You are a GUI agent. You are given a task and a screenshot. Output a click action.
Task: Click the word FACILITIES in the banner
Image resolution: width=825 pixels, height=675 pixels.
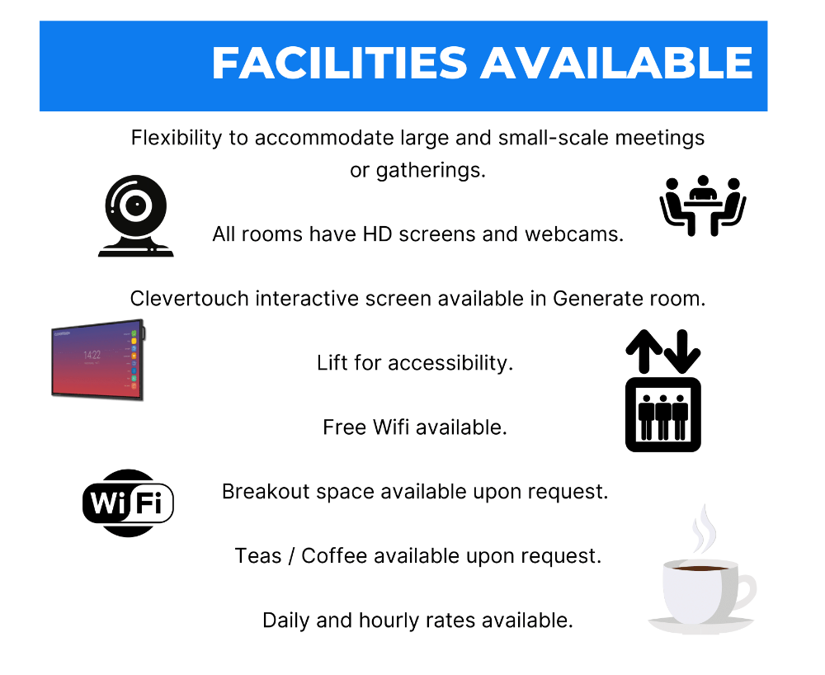click(x=339, y=63)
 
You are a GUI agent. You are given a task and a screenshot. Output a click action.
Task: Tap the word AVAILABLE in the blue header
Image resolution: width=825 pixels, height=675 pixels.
click(x=616, y=63)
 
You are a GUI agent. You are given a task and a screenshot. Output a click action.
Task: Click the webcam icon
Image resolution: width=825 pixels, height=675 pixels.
click(x=136, y=215)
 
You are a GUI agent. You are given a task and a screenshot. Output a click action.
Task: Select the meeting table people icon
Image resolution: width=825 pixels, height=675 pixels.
click(x=703, y=205)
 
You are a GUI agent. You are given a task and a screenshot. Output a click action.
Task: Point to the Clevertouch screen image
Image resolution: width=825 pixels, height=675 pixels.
click(x=98, y=360)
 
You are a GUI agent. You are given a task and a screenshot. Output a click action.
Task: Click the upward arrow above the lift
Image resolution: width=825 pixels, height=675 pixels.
click(x=644, y=352)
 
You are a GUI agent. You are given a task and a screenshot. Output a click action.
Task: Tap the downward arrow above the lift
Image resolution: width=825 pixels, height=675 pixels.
click(x=682, y=352)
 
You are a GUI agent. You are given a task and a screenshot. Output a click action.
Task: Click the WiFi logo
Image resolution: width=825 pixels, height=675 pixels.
click(x=128, y=503)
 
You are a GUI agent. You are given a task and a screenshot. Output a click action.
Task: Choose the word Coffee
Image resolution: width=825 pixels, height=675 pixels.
click(x=334, y=556)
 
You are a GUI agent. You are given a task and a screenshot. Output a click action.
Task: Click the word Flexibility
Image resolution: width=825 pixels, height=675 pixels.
click(x=177, y=139)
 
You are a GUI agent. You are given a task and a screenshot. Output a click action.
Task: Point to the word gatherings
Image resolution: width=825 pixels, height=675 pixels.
click(x=431, y=171)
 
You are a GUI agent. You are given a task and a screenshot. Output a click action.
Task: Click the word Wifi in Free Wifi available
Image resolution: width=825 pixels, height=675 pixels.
click(x=391, y=427)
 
